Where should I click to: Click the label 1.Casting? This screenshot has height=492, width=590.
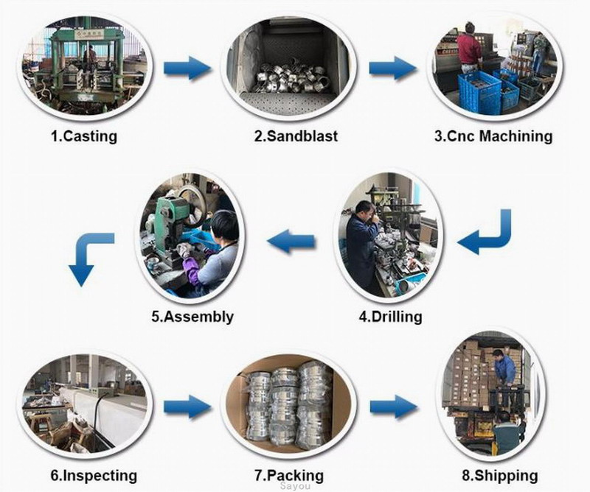coord(83,136)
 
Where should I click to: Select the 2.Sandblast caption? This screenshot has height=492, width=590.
coord(296,136)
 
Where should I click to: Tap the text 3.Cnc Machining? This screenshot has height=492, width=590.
coord(492,136)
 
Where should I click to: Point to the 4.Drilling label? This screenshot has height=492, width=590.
coord(390,317)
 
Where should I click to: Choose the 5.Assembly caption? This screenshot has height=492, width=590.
coord(192,317)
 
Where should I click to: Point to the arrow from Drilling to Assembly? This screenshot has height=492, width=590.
coord(291,239)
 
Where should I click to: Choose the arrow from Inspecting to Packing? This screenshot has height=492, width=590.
coord(187,407)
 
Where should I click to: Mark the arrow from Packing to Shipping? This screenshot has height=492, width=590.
coord(394,407)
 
